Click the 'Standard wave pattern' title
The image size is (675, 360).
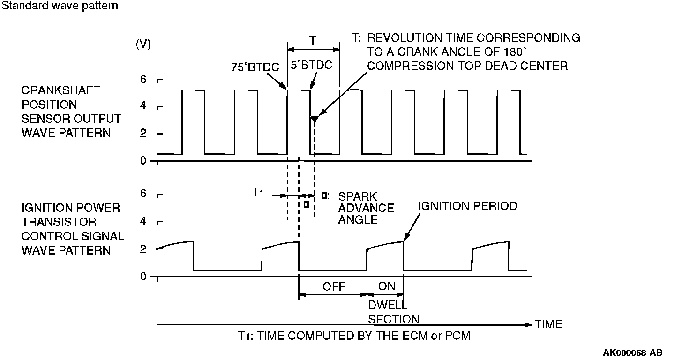59,6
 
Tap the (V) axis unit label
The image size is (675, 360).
143,45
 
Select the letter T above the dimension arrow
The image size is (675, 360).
313,41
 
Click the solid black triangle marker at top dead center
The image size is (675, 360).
315,120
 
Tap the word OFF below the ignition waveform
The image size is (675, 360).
334,286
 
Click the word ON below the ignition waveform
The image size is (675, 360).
386,286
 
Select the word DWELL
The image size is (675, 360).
387,305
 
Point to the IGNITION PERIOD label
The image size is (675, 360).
467,206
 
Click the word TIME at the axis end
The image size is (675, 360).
548,324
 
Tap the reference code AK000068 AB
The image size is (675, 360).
633,352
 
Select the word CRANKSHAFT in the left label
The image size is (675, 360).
61,90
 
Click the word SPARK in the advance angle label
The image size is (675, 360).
357,196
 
